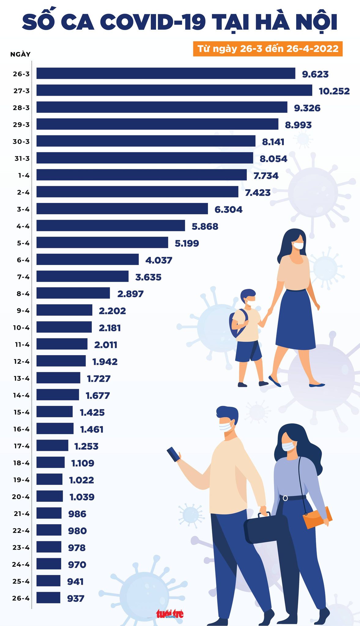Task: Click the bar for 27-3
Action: [x=174, y=90]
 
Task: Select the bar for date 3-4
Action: [x=122, y=209]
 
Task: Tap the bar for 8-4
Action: [x=73, y=293]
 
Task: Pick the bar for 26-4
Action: [x=48, y=598]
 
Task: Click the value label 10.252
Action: [x=334, y=91]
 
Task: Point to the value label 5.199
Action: [x=187, y=243]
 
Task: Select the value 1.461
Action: [x=92, y=429]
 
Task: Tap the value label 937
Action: [x=76, y=598]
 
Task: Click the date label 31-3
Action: [x=21, y=158]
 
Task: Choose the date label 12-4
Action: [x=21, y=361]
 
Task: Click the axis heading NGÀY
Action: [x=20, y=54]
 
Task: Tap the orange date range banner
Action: [x=268, y=49]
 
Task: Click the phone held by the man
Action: [x=173, y=454]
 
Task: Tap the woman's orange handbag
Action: [x=317, y=517]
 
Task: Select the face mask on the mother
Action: [x=298, y=245]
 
